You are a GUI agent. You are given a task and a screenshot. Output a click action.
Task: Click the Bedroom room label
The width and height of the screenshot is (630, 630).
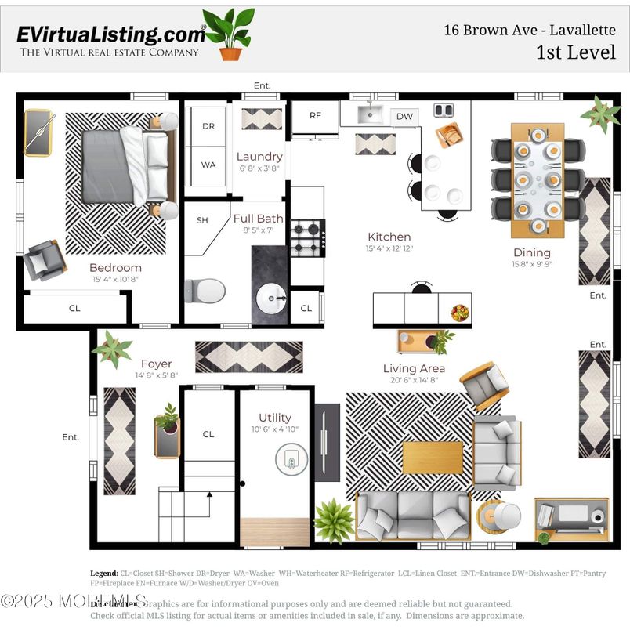tap(115, 267)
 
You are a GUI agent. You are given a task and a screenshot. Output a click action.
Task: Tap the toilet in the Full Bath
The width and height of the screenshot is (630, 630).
tap(205, 291)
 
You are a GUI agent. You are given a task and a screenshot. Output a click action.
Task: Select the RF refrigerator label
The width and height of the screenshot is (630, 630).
tap(315, 115)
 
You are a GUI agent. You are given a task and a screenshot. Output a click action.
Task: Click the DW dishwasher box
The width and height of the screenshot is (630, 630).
tap(404, 117)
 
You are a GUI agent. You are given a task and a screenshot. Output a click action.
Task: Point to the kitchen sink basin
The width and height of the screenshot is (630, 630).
tap(370, 114)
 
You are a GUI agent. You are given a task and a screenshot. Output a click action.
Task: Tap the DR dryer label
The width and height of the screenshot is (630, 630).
tap(208, 126)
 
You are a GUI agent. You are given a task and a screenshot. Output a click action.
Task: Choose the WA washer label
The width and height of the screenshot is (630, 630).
tap(208, 165)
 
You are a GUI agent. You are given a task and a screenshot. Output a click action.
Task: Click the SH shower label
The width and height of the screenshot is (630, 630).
tap(202, 220)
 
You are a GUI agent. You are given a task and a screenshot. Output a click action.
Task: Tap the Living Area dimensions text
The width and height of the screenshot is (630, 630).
tap(414, 381)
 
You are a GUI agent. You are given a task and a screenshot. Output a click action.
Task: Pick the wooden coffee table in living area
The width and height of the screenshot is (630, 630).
tap(433, 458)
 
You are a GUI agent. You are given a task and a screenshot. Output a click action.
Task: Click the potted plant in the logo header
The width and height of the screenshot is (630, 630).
tap(230, 34)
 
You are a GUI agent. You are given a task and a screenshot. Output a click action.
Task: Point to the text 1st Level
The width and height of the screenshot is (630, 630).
tap(576, 52)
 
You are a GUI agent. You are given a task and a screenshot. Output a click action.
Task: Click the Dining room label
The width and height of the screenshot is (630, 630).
tap(531, 252)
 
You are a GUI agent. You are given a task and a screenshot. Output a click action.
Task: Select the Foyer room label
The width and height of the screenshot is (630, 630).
tap(156, 364)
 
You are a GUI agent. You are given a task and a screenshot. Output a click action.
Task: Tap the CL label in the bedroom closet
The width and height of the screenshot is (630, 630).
tap(74, 308)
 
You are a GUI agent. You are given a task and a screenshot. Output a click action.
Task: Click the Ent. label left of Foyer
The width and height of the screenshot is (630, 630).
tap(71, 437)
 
